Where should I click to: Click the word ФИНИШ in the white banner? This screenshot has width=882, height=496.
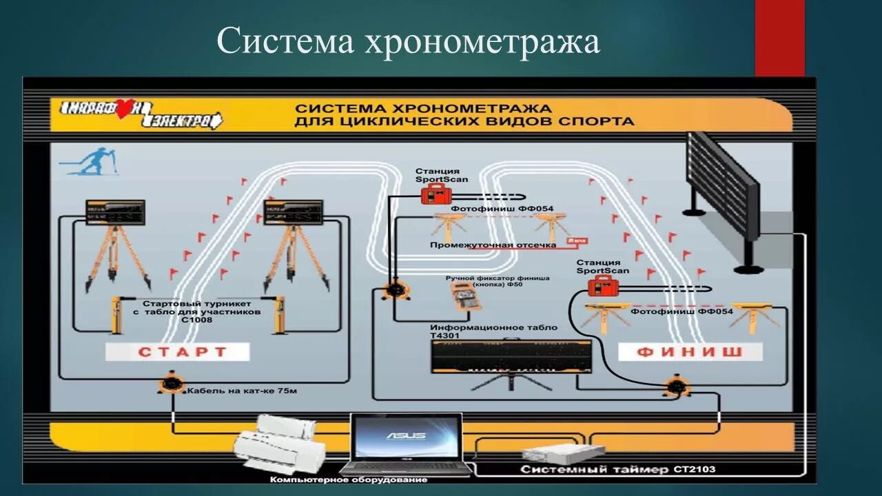pos(690,352)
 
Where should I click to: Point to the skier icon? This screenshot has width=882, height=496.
pos(90,163)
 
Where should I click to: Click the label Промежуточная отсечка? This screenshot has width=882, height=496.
pos(493,245)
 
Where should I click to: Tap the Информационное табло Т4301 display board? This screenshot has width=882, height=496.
pos(511,356)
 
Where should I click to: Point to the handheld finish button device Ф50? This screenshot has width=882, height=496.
pos(469,300)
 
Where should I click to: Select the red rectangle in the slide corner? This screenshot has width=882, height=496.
pos(779,37)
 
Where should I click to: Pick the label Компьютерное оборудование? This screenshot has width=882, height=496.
pos(349,479)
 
